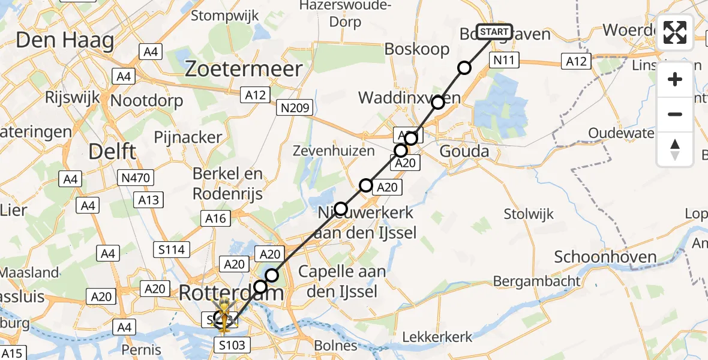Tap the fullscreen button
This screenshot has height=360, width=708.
coord(675,33)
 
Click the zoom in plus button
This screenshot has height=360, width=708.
coord(675,79)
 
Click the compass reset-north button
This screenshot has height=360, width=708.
coord(675,149)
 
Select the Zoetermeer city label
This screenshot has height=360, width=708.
coord(244,69)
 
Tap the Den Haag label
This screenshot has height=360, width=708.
coord(65,40)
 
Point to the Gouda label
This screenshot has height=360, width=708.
coord(464,151)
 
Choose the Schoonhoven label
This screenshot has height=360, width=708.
coord(605,257)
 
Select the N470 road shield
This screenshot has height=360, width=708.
coord(136,178)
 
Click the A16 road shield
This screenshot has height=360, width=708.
coord(215,218)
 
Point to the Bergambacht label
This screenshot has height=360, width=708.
coord(537,280)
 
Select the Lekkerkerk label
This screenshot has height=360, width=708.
coord(437,337)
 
